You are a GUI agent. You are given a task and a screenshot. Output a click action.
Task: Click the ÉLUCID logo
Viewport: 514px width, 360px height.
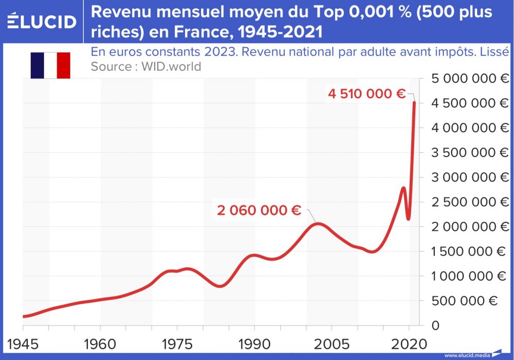[42, 21]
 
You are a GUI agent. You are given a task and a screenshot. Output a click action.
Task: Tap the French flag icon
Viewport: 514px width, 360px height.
[50, 65]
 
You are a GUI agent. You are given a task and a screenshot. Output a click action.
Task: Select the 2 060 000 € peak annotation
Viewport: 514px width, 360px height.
[259, 210]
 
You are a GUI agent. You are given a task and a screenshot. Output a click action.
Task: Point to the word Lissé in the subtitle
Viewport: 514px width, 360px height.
[494, 52]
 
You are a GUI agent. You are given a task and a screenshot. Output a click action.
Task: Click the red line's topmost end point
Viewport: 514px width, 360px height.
[414, 103]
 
